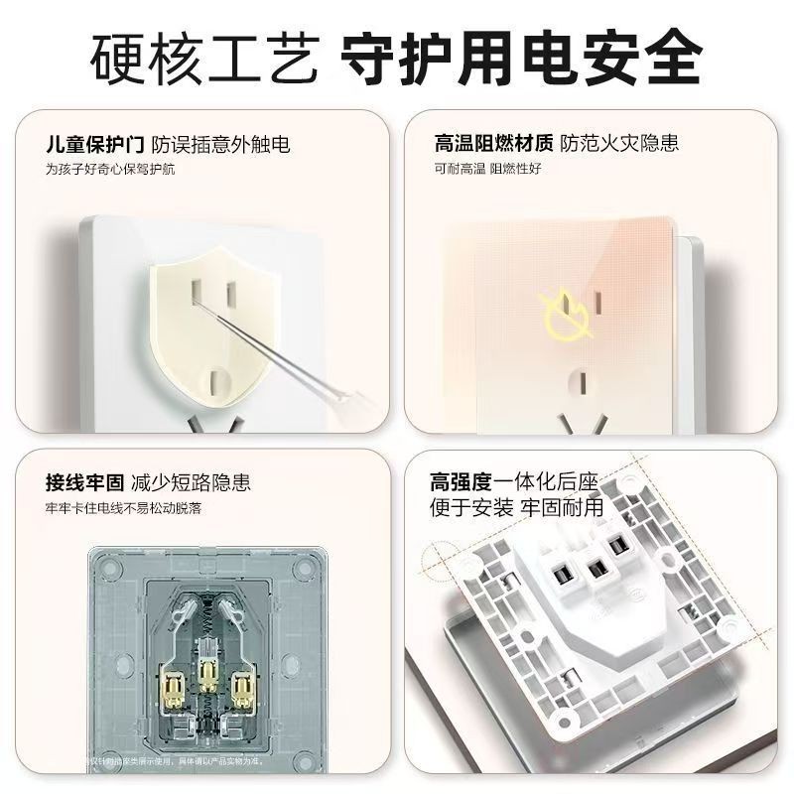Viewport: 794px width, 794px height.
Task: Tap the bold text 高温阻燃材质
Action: (x=493, y=144)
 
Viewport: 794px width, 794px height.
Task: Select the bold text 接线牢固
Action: (x=84, y=483)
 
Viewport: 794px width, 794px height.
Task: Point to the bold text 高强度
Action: (x=462, y=483)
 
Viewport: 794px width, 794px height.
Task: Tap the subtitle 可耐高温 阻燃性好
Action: (x=487, y=170)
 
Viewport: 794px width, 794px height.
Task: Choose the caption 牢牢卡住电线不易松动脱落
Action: (x=122, y=508)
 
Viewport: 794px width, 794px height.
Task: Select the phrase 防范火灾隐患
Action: (x=619, y=144)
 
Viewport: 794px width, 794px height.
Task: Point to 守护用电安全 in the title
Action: (x=521, y=60)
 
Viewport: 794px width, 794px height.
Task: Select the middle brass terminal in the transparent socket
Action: (x=209, y=677)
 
